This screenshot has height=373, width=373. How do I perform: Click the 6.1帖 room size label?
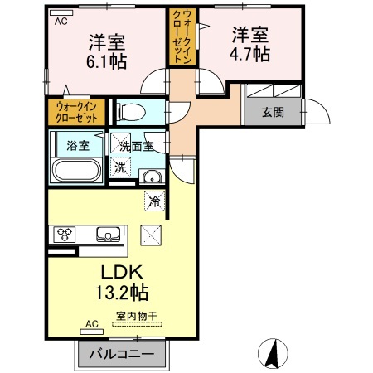[107, 61]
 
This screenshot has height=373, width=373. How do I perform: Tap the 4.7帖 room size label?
[249, 54]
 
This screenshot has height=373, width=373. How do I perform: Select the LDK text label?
[122, 272]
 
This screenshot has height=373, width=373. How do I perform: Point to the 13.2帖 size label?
[122, 293]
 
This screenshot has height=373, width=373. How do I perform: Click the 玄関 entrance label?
[273, 113]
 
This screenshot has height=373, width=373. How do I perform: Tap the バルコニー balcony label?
[122, 354]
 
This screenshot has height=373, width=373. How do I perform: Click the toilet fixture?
[131, 113]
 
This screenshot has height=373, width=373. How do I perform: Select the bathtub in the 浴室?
[76, 170]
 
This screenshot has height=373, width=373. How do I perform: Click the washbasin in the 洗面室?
[152, 177]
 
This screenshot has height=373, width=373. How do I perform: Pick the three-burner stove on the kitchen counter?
[65, 235]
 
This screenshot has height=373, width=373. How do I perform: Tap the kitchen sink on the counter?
[108, 235]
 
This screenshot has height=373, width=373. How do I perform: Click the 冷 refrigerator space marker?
[154, 201]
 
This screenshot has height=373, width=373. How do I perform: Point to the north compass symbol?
[273, 353]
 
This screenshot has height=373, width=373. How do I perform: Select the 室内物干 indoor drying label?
[137, 316]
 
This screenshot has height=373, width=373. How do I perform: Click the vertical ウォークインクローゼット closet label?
[182, 36]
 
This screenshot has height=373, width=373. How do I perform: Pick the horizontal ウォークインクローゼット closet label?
[77, 112]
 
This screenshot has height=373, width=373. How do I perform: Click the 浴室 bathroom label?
[78, 145]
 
